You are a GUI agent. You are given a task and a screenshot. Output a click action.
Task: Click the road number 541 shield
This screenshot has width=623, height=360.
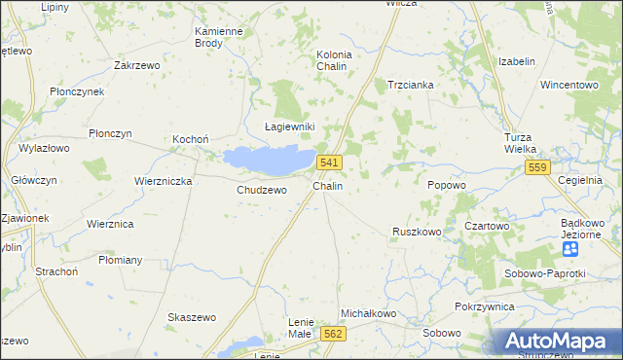pos(328,162)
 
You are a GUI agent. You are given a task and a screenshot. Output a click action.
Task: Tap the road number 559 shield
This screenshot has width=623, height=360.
pos(537,167)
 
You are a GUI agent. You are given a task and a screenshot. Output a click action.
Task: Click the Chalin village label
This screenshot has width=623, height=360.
pos(327,185)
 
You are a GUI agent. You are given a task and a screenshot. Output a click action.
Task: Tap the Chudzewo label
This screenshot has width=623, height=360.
pos(262,190)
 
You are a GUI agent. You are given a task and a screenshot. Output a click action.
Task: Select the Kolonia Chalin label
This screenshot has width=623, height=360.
pos(334,60)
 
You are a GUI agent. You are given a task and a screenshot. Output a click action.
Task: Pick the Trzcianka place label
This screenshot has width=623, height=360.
pos(410,85)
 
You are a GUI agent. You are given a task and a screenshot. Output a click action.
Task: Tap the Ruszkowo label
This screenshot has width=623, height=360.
pos(417,232)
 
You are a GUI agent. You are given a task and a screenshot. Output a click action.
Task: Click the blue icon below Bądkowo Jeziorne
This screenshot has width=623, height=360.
pos(570,249)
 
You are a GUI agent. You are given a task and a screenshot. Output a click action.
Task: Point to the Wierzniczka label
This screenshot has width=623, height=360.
pos(164,181)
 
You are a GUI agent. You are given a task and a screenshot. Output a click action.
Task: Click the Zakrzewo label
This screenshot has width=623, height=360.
pos(136,65)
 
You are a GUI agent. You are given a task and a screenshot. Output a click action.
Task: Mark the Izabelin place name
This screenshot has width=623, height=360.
pos(517,61)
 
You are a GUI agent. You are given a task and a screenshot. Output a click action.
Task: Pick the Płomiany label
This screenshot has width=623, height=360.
pos(121,260)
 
